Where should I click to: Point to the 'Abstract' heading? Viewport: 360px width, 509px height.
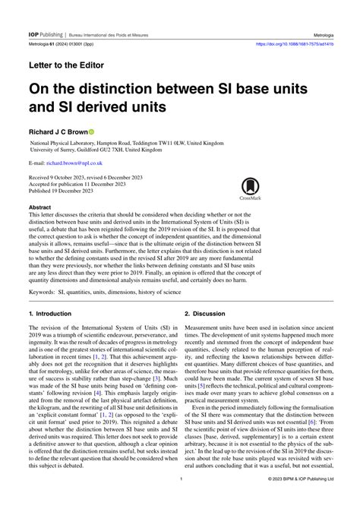(x=39, y=207)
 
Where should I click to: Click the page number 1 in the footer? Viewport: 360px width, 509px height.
(x=179, y=501)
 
